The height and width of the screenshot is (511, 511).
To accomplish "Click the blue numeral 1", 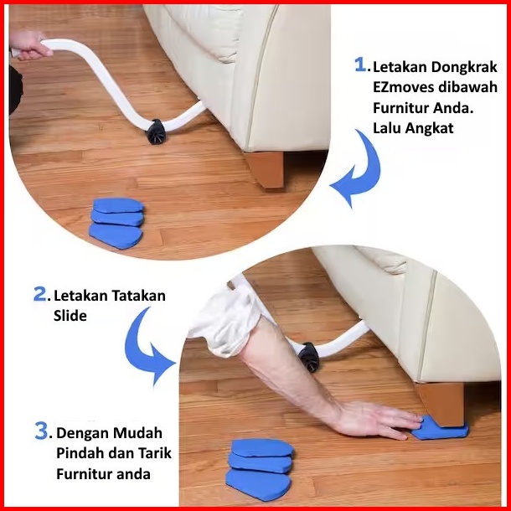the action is [x=360, y=65].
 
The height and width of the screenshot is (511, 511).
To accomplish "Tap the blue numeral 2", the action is [x=40, y=294].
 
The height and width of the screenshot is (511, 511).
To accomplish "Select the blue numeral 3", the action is [x=41, y=431].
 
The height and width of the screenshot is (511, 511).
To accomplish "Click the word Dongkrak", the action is [x=464, y=68].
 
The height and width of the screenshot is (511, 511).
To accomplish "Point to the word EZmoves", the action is [x=403, y=87].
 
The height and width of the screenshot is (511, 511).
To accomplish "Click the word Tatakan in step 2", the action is [x=138, y=296].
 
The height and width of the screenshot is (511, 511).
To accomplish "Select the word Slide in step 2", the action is [x=70, y=316].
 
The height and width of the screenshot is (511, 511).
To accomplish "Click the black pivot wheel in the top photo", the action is [x=157, y=132].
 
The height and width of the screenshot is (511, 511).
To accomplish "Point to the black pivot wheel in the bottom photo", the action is [x=309, y=357].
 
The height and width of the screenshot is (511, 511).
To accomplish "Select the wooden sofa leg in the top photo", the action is [x=265, y=169].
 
